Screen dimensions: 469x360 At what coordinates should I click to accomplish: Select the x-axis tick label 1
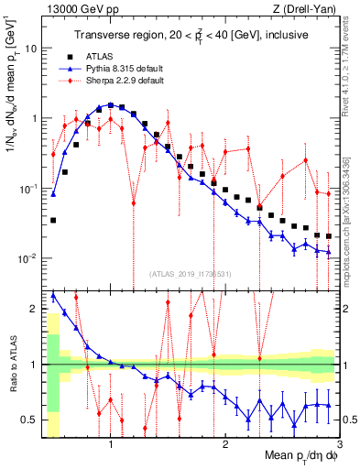111,444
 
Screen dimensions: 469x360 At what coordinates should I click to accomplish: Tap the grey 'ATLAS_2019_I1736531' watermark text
184,275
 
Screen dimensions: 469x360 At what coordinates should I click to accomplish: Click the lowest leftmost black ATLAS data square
53,221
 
